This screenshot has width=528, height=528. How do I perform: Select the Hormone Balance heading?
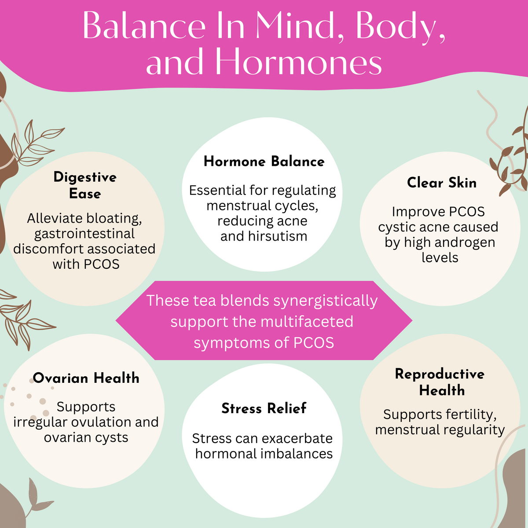[x=264, y=161]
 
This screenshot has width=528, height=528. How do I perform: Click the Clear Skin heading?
[x=442, y=183]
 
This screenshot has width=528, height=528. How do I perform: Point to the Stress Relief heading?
[x=264, y=408]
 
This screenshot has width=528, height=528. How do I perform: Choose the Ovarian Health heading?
[x=86, y=378]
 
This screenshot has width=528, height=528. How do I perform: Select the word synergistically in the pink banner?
[x=326, y=301]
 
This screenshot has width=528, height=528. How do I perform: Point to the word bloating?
[x=114, y=218]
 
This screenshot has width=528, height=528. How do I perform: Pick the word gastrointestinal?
[x=84, y=234]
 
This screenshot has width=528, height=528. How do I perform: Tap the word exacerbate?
[x=297, y=439]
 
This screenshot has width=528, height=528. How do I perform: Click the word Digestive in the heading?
[x=85, y=177]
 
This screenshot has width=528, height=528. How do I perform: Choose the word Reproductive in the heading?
[x=440, y=374]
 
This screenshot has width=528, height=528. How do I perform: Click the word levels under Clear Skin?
[x=440, y=257]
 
